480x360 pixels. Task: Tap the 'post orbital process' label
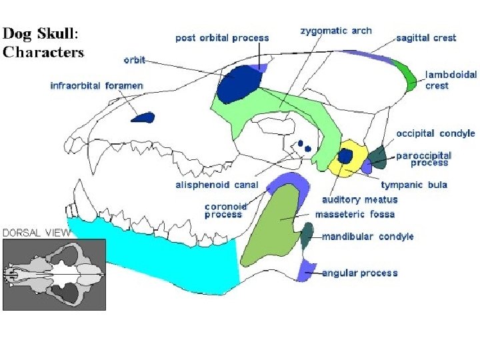pyautogui.click(x=222, y=37)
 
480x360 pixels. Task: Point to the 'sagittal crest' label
pyautogui.click(x=426, y=38)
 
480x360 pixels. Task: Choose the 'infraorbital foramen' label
pyautogui.click(x=97, y=86)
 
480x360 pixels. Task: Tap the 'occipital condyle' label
pyautogui.click(x=435, y=133)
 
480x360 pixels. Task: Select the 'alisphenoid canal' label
pyautogui.click(x=216, y=185)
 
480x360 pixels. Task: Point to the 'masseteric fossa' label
pyautogui.click(x=355, y=215)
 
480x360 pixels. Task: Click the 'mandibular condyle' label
pyautogui.click(x=368, y=237)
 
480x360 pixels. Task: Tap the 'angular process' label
pyautogui.click(x=360, y=273)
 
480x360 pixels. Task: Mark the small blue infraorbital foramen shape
pyautogui.click(x=143, y=118)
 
